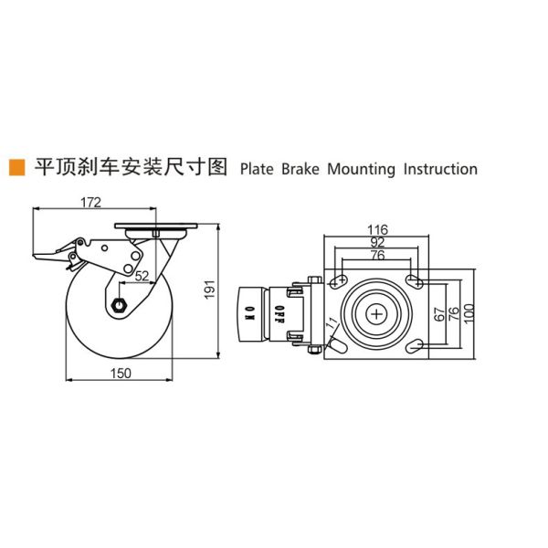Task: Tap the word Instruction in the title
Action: tap(439, 169)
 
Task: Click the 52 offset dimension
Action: tap(142, 274)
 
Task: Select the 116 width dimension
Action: tap(377, 228)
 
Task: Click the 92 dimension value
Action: tap(377, 242)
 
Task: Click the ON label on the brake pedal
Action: tap(248, 313)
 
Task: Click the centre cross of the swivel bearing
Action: tap(376, 313)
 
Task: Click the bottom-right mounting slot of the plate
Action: tap(415, 346)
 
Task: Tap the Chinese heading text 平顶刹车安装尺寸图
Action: tap(129, 167)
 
